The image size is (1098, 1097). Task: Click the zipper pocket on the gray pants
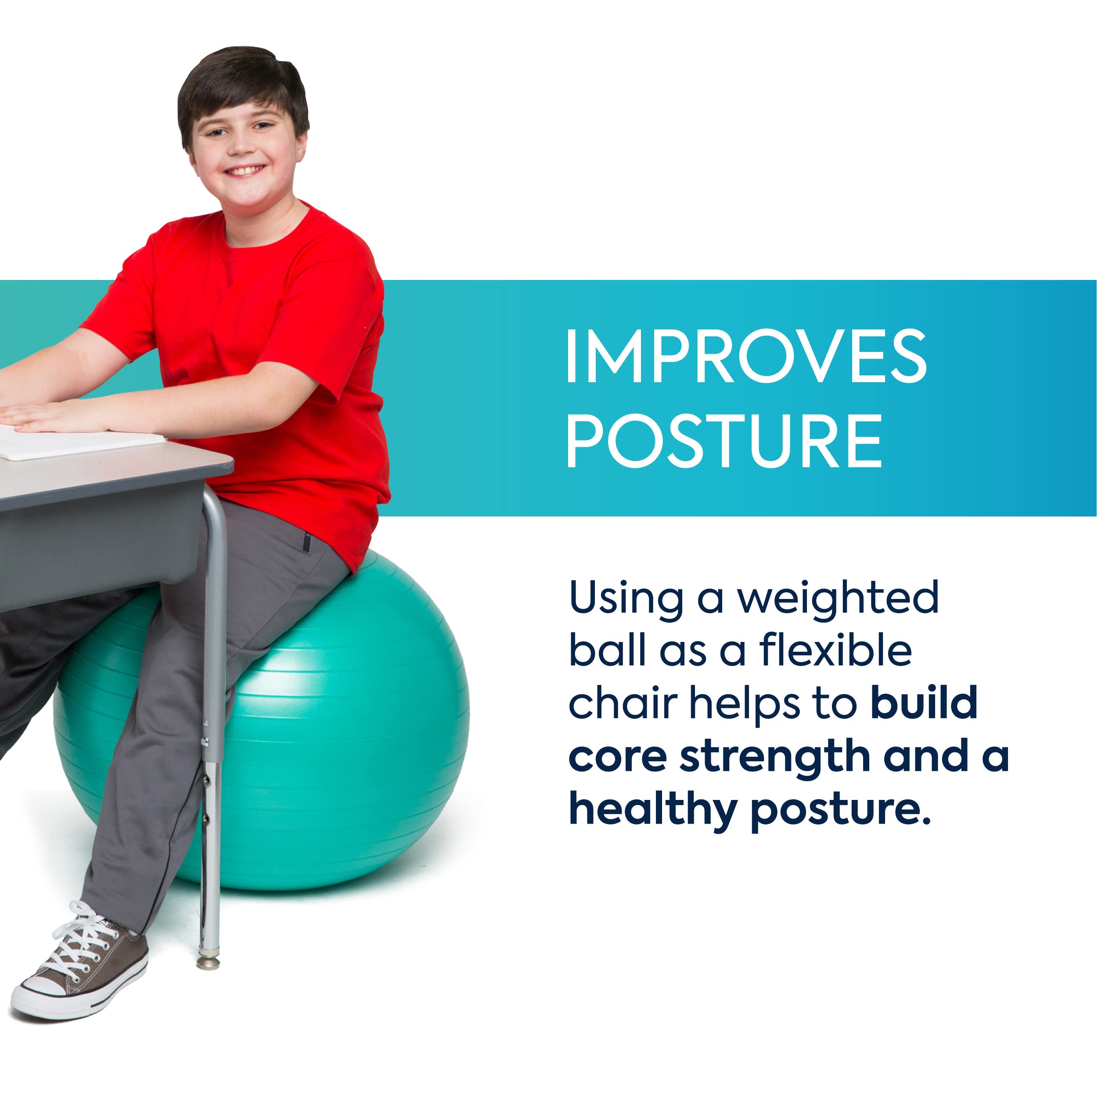306,542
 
